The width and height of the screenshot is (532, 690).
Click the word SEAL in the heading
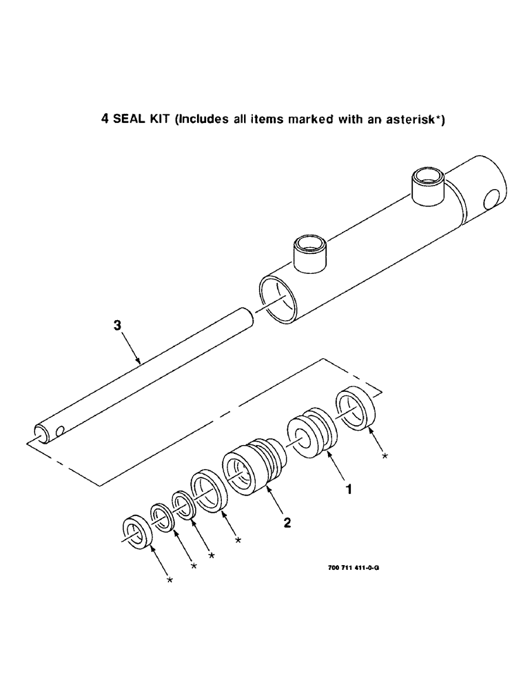(x=128, y=119)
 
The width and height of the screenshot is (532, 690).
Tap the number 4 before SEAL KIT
(x=105, y=119)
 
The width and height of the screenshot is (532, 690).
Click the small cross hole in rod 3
(x=60, y=431)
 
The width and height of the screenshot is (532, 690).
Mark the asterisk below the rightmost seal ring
(x=385, y=456)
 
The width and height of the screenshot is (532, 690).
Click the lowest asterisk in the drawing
(x=170, y=581)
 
